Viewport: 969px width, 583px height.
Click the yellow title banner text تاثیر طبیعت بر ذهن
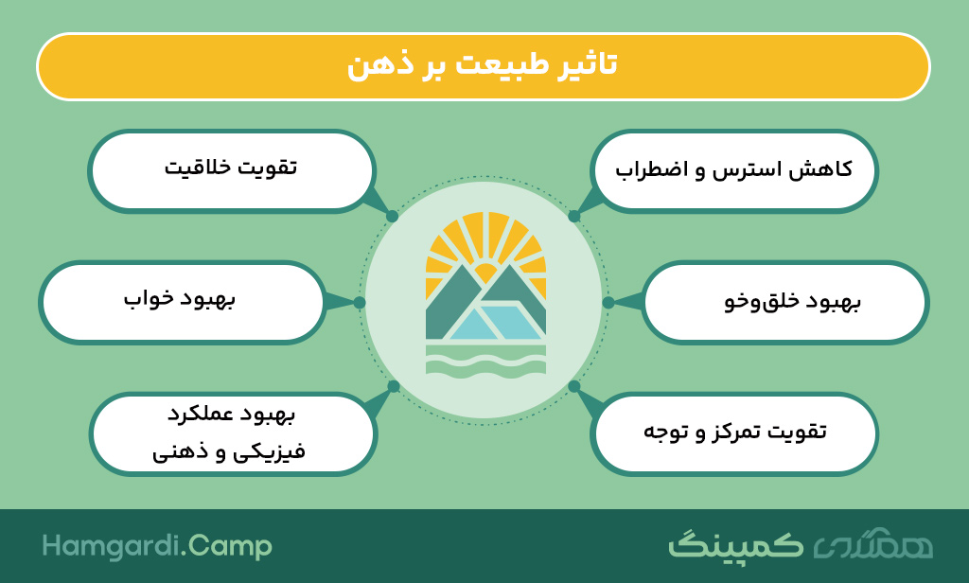pos(483,65)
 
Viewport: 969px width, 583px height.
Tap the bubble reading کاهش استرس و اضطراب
pos(733,171)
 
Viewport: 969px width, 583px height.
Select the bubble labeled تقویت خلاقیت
pos(232,171)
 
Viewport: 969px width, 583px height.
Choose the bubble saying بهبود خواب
pos(183,302)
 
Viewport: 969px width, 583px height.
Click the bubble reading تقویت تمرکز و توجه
pos(733,433)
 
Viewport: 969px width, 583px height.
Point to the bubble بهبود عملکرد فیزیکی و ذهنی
pos(233,433)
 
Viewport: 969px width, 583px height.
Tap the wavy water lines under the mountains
pos(485,361)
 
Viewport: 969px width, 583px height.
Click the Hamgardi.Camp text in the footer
pos(157,546)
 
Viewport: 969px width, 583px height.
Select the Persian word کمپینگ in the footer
pos(735,544)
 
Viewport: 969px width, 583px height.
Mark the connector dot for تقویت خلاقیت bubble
pos(392,217)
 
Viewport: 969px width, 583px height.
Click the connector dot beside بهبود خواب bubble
pos(360,302)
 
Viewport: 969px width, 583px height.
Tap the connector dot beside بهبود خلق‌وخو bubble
pos(608,302)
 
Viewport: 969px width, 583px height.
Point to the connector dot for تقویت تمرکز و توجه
pos(574,386)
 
